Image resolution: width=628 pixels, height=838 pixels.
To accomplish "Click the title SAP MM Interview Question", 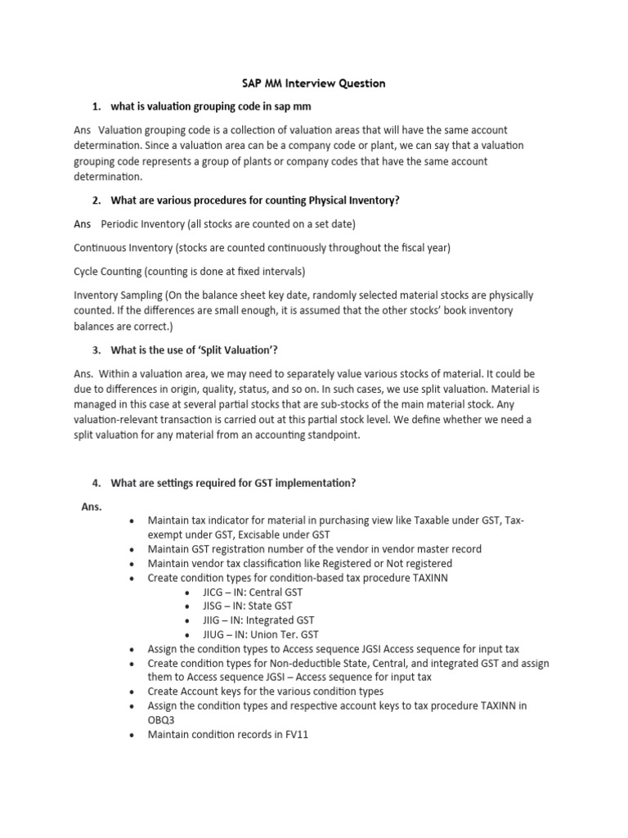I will click(313, 83).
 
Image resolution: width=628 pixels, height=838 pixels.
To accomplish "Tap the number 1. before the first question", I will click(96, 107).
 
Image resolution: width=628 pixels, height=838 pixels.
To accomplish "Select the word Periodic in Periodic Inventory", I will click(120, 224).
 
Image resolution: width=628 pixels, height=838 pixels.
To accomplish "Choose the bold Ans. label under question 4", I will click(92, 507).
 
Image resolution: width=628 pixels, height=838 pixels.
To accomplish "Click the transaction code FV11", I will click(292, 734).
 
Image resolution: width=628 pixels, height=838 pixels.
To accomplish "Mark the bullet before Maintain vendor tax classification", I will click(132, 564).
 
